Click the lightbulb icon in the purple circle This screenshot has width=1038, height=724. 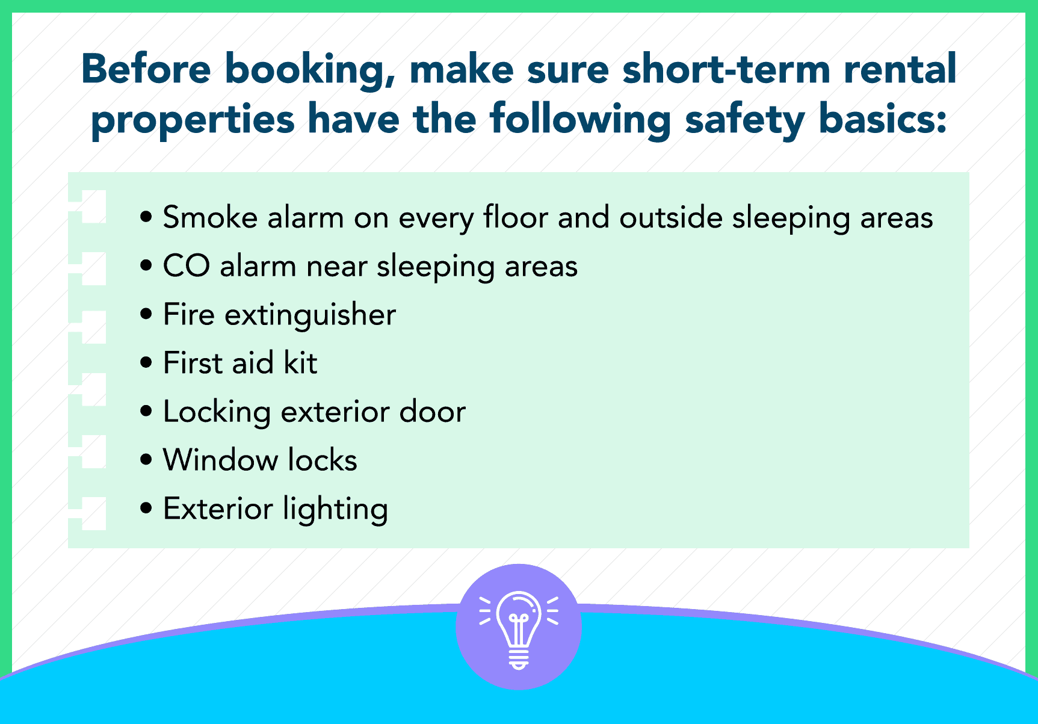(519, 630)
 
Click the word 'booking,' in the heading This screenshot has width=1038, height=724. (310, 71)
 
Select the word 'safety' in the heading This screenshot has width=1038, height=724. (745, 120)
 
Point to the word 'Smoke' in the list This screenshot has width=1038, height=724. (210, 217)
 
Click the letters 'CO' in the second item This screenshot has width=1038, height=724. (187, 266)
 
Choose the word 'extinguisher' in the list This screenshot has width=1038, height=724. (310, 315)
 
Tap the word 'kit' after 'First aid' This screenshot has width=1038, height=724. (300, 363)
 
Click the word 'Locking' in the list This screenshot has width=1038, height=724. (217, 413)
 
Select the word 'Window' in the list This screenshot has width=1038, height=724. (220, 460)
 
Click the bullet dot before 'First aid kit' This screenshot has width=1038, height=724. (146, 363)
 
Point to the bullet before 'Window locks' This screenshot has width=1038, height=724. (146, 460)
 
